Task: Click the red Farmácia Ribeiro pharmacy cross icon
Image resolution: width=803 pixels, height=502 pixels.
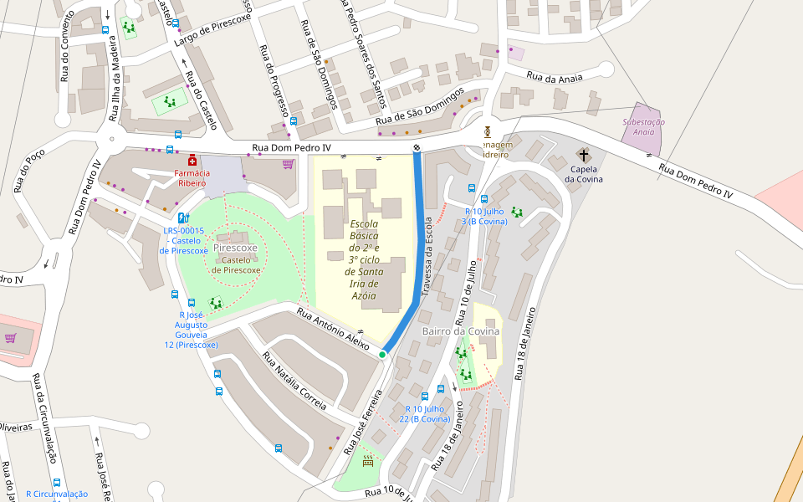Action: click(x=192, y=160)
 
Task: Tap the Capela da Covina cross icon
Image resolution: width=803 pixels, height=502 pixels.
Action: click(x=583, y=155)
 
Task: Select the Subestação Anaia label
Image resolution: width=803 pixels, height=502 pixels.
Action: click(x=644, y=126)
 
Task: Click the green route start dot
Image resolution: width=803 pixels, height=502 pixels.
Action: click(x=382, y=355)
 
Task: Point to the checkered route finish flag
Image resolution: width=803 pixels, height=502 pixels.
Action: click(x=416, y=148)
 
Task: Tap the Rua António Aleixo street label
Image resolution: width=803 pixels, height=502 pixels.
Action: click(x=334, y=330)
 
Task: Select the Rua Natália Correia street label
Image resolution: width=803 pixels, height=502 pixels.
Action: click(x=294, y=381)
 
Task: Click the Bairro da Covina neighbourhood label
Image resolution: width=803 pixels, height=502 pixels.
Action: click(x=460, y=331)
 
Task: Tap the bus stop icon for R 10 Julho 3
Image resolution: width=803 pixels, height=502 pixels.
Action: click(x=483, y=199)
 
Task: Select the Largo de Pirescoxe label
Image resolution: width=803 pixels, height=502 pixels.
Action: click(x=212, y=33)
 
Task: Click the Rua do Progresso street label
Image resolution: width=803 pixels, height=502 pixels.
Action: click(x=274, y=80)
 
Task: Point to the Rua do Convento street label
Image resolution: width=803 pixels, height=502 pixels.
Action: click(x=65, y=52)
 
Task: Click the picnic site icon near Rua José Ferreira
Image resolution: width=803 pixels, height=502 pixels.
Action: click(x=367, y=460)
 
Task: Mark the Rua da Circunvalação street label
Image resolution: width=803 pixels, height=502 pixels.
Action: click(x=44, y=418)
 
